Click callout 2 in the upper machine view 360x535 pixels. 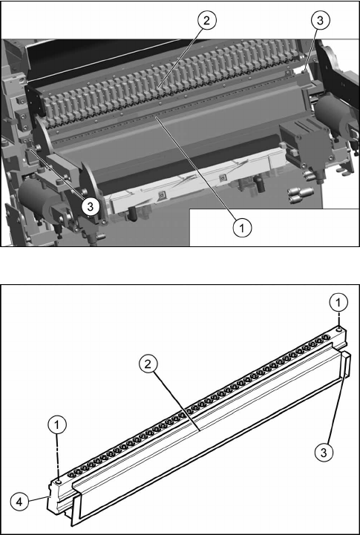[x=206, y=21]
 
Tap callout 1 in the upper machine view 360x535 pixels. [x=242, y=227]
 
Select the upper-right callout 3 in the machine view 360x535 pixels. [x=320, y=21]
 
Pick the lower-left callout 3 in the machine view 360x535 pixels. [x=90, y=206]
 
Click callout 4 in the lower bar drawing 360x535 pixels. [x=19, y=503]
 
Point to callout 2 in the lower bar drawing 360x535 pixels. [x=148, y=364]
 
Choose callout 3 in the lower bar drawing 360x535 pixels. [x=323, y=452]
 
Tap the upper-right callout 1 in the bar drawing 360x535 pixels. [x=338, y=303]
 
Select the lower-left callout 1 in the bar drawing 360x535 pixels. [x=57, y=424]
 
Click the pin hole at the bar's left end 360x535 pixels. [x=59, y=482]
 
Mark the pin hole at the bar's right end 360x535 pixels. [x=338, y=330]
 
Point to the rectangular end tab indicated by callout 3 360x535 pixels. [x=346, y=364]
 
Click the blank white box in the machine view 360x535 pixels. [x=274, y=227]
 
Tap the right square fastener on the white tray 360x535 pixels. [x=223, y=177]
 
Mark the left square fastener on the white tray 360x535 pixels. [x=162, y=195]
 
